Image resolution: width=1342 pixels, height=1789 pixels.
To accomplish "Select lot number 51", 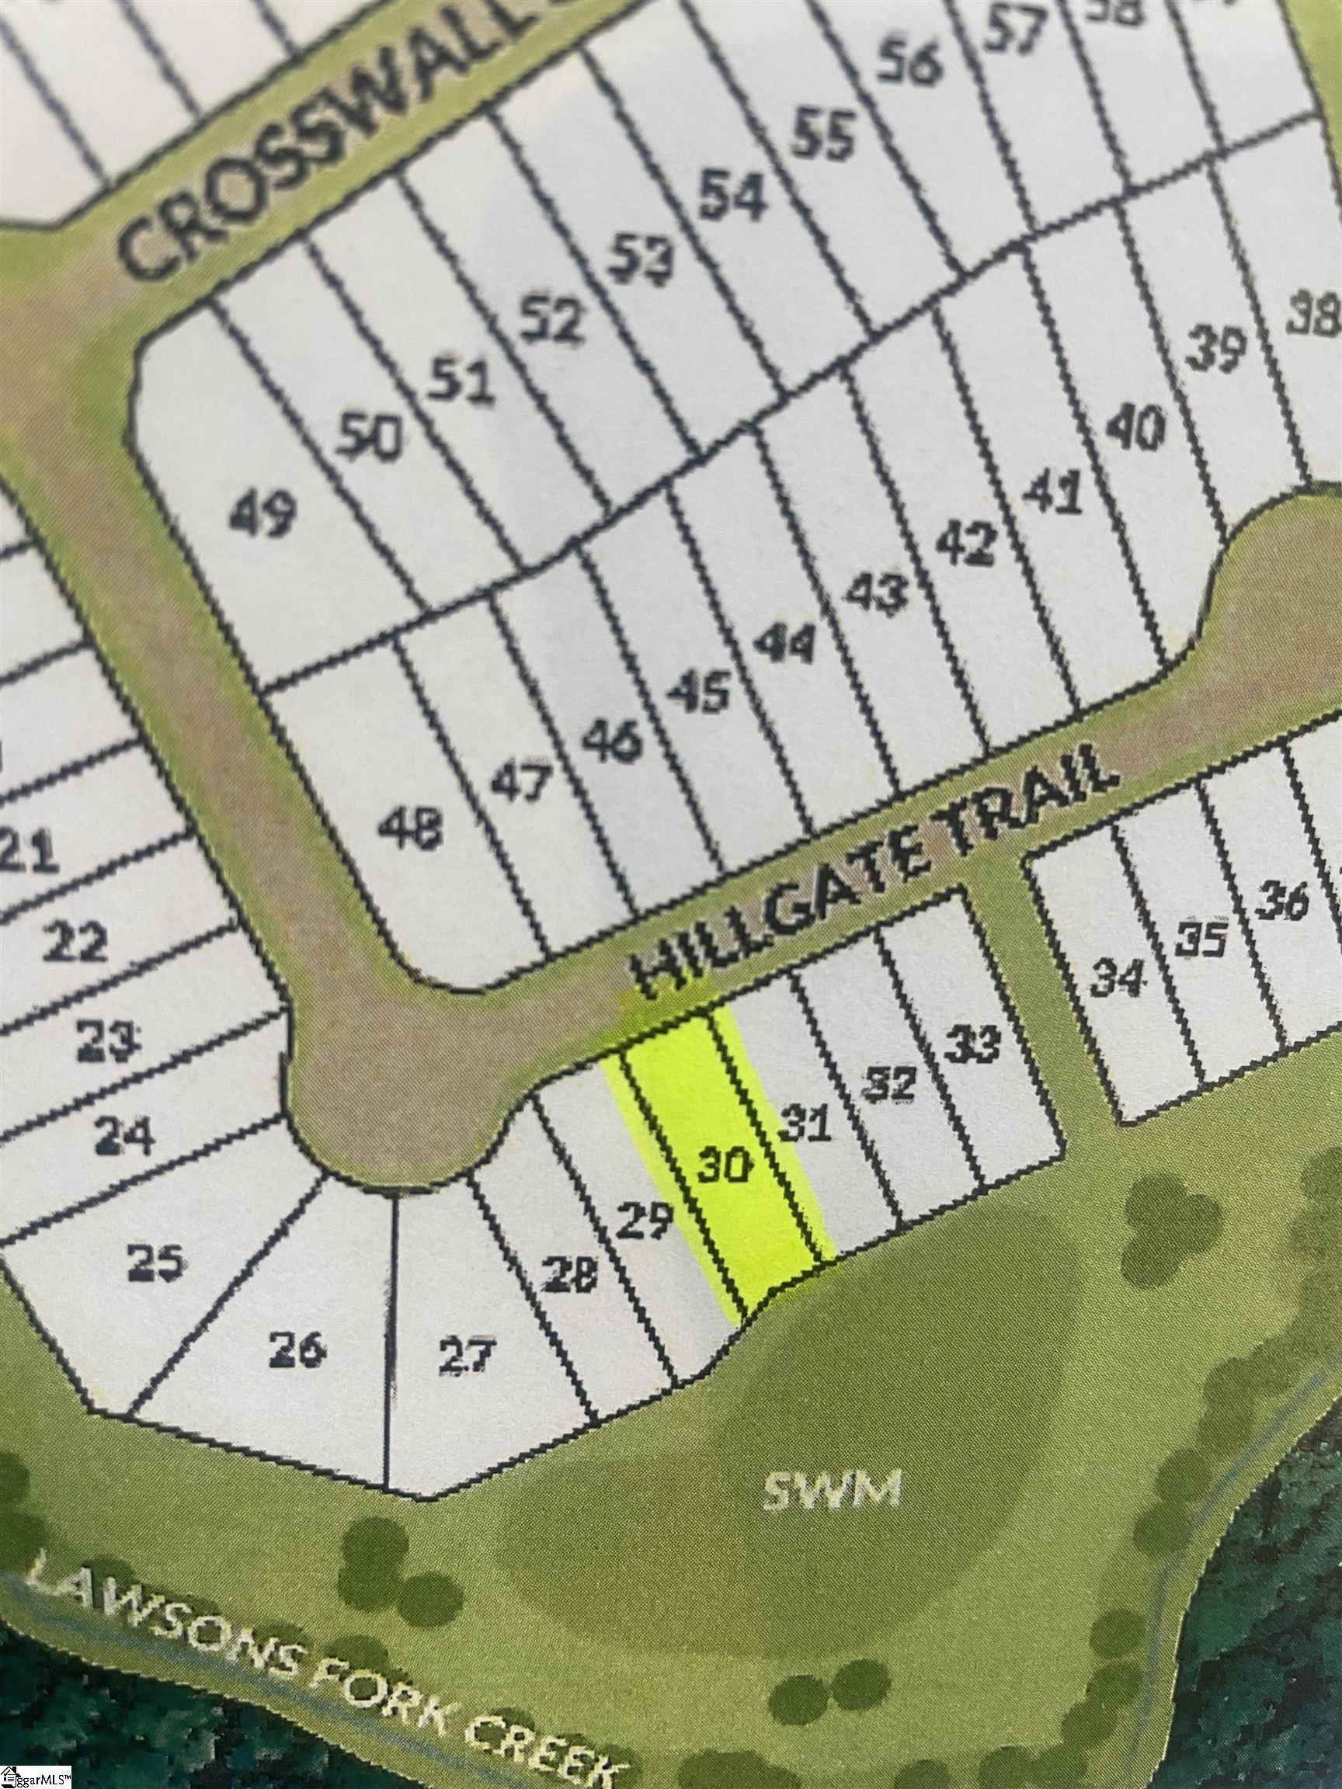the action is tap(461, 381).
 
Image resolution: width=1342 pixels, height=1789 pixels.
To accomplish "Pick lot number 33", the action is tap(973, 1045).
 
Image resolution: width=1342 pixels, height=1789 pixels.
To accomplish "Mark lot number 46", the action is tap(612, 742).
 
